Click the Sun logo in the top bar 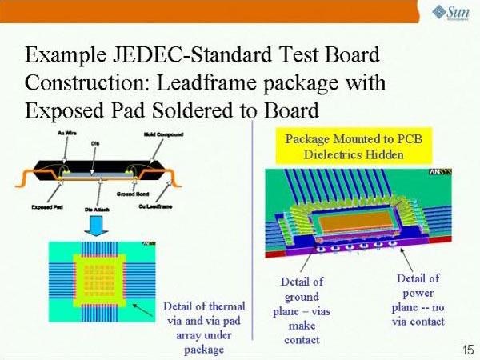click(x=450, y=11)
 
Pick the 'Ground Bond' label click(x=136, y=193)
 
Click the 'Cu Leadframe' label click(x=174, y=206)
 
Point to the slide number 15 click(x=466, y=350)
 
